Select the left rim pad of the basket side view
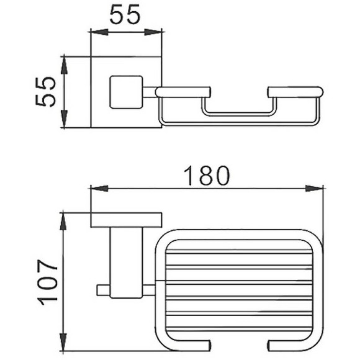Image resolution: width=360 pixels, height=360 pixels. point(181,92)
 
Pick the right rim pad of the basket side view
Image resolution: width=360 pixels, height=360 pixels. point(295,92)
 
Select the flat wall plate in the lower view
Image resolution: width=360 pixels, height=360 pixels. point(125,219)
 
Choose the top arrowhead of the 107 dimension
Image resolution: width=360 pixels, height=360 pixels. point(64,217)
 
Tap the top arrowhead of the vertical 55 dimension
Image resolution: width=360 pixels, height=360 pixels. point(64,60)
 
